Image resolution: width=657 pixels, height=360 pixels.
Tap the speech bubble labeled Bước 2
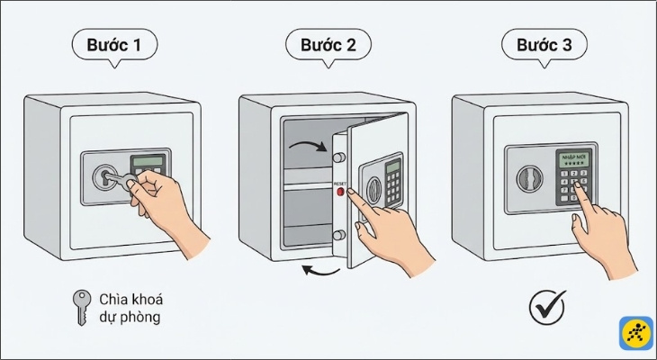point(328,45)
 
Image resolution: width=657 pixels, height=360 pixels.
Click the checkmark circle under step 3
point(546,308)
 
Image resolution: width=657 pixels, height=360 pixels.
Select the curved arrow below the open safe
point(320,269)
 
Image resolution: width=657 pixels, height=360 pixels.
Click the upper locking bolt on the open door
point(339,157)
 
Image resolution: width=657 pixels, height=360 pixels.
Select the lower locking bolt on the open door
point(339,236)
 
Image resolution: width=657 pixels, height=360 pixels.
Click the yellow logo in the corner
point(635,333)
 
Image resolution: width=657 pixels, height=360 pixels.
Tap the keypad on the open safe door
point(393,184)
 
